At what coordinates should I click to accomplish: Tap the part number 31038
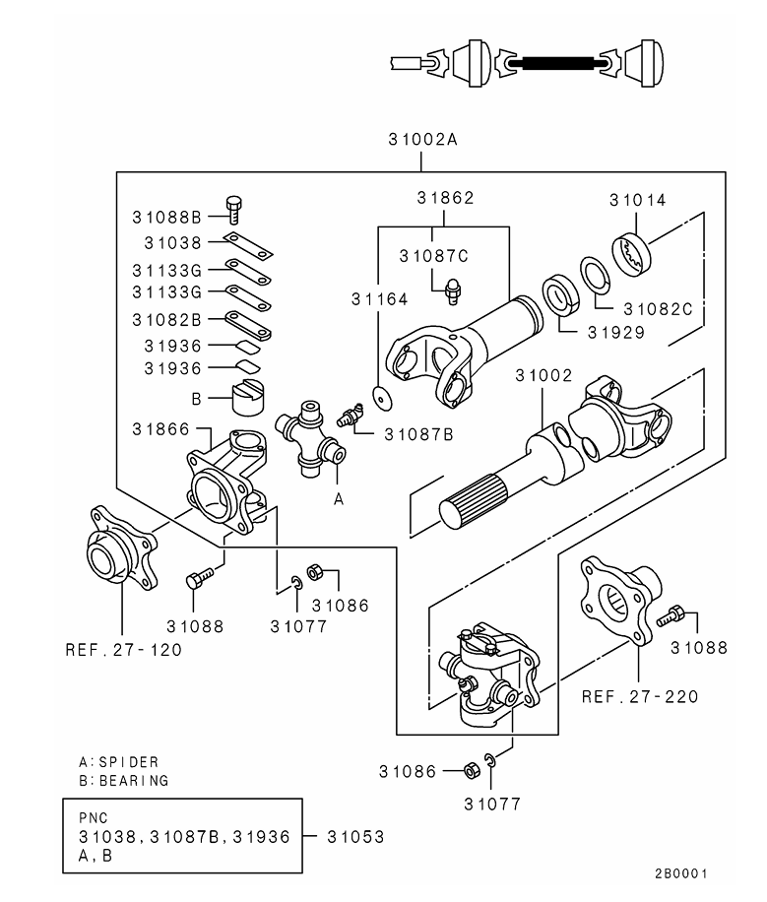(172, 242)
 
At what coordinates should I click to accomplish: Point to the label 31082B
(166, 319)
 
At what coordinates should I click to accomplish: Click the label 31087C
(433, 255)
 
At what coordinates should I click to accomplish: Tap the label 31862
(445, 198)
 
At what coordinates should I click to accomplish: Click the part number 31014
(637, 200)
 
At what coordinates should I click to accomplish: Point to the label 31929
(616, 333)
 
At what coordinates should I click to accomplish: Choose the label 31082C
(658, 308)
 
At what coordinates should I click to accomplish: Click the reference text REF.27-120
(123, 650)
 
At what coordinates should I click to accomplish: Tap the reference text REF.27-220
(640, 696)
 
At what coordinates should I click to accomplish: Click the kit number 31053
(355, 837)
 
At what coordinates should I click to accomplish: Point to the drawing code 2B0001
(680, 873)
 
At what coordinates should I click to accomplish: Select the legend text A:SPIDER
(118, 762)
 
